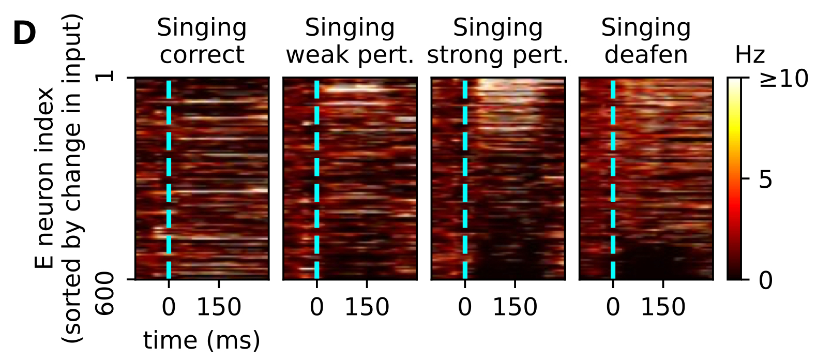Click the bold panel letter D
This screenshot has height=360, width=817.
pos(24,35)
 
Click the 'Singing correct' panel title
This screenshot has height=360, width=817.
pos(202,41)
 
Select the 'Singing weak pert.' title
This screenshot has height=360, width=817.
pos(350,41)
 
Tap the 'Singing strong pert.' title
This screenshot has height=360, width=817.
pos(498,41)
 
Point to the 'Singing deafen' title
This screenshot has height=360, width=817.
pos(646,41)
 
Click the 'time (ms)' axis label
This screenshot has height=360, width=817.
pos(202,340)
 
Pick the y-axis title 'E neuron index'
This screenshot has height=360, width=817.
pos(46,178)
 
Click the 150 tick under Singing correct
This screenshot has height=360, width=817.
pos(219,307)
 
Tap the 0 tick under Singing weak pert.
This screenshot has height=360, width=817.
pos(317,307)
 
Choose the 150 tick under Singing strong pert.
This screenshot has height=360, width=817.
pos(515,307)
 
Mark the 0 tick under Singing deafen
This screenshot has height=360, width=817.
pos(613,307)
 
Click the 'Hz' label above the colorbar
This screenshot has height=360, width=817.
pos(750,55)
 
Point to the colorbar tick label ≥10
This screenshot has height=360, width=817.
pos(783,79)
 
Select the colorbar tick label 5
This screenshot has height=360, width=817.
pos(766,179)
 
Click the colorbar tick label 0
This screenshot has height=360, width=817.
pos(766,280)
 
